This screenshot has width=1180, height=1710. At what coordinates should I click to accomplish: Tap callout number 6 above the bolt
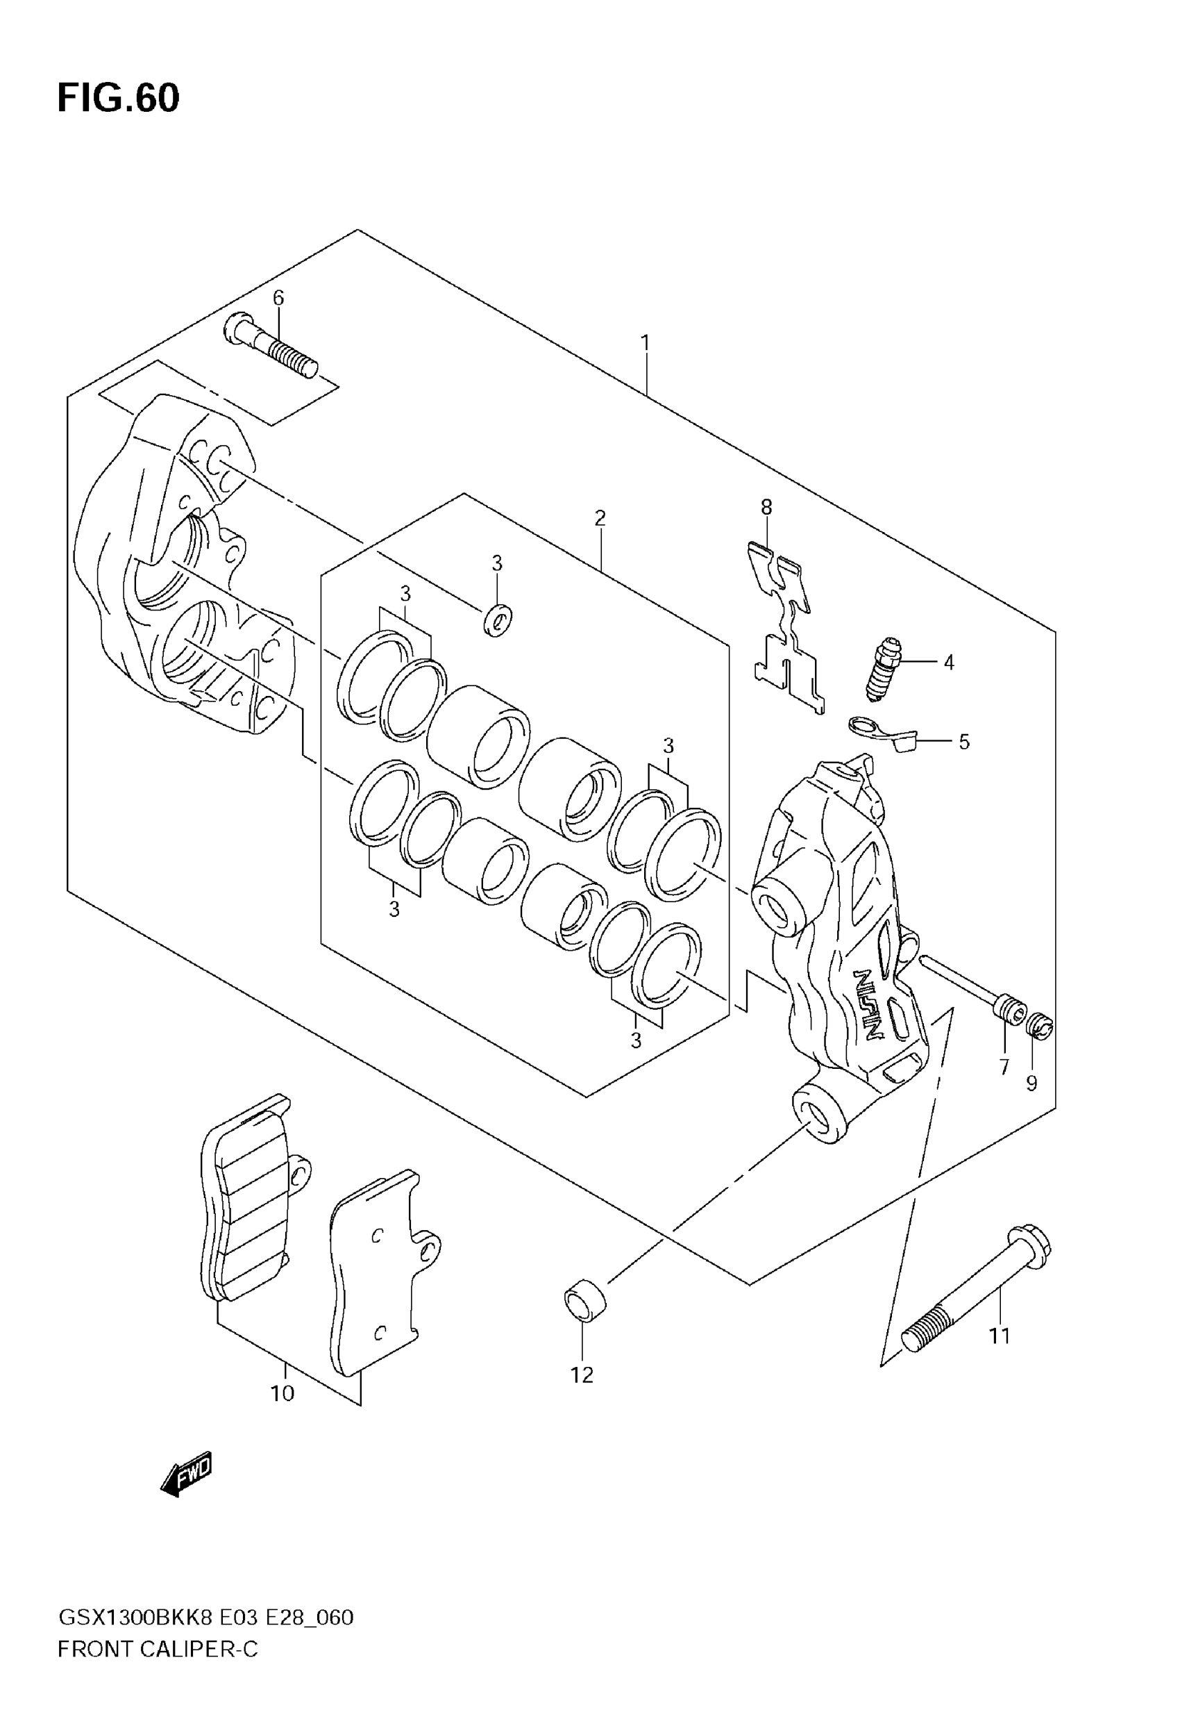pyautogui.click(x=278, y=298)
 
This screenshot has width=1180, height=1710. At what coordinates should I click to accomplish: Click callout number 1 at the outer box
pyautogui.click(x=646, y=343)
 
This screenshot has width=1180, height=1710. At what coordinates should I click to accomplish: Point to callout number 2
pyautogui.click(x=600, y=517)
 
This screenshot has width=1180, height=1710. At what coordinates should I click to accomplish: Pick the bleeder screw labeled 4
pyautogui.click(x=884, y=669)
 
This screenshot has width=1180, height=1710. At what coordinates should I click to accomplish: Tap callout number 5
pyautogui.click(x=964, y=741)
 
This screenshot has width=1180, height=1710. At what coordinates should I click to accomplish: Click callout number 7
pyautogui.click(x=1004, y=1068)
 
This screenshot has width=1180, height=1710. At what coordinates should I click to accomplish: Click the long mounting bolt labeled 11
pyautogui.click(x=976, y=1284)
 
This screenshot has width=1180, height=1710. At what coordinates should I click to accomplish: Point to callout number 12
pyautogui.click(x=582, y=1375)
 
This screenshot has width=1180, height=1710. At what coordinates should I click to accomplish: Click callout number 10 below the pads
pyautogui.click(x=283, y=1393)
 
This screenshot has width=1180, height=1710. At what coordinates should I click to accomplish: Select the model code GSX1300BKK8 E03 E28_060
pyautogui.click(x=205, y=1618)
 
